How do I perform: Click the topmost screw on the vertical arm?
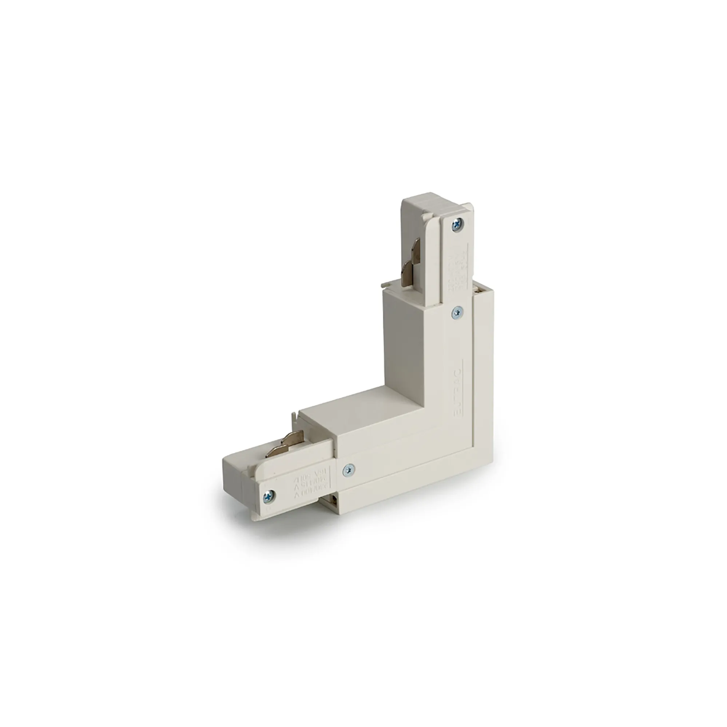point(458,225)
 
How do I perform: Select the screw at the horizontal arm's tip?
point(269,496)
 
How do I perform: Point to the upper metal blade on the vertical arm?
point(417,247)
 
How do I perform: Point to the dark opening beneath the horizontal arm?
point(334,500)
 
